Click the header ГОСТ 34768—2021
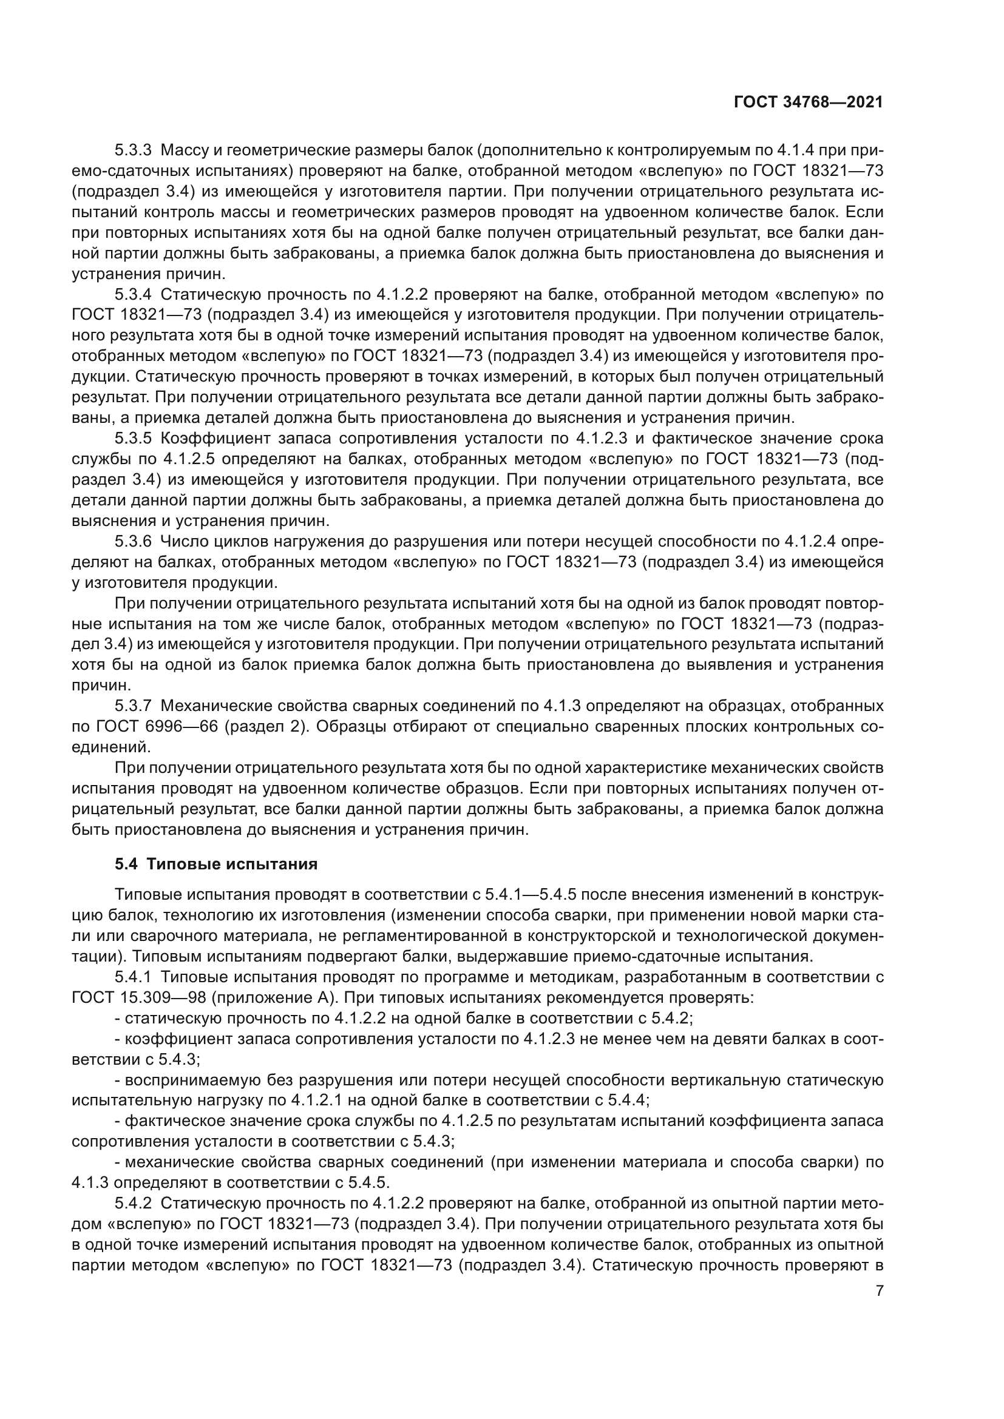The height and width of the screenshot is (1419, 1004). tap(808, 102)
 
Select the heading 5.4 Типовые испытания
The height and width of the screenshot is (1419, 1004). tap(215, 864)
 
